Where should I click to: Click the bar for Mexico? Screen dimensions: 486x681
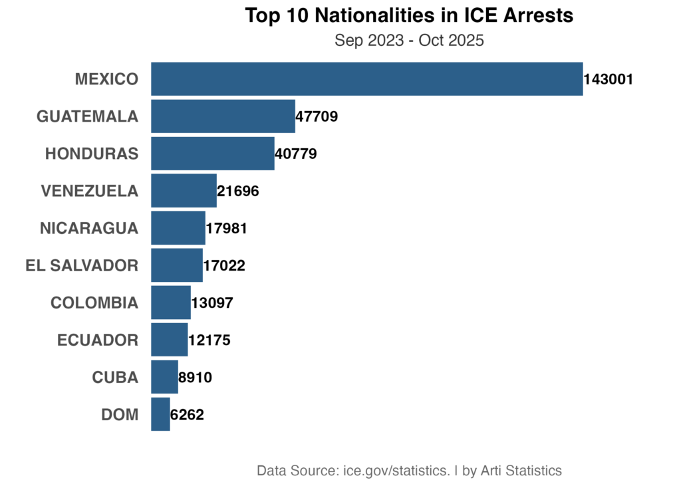point(366,79)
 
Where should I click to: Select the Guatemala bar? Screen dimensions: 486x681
point(223,116)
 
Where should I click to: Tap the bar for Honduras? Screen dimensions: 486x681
point(212,154)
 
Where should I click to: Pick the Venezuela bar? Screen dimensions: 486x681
point(184,191)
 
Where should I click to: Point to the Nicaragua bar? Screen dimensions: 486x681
point(178,228)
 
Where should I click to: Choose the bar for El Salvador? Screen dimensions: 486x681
point(177,265)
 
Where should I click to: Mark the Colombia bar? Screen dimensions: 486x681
point(171,303)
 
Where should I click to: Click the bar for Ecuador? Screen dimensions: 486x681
point(170,340)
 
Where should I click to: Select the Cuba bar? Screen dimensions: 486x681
point(164,377)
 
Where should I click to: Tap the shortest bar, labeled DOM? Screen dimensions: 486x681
point(160,414)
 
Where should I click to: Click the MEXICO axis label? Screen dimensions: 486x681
point(106,80)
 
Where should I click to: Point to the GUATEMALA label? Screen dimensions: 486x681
point(87,117)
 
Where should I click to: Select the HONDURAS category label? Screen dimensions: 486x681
point(92,154)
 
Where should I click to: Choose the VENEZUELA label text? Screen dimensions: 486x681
point(89,191)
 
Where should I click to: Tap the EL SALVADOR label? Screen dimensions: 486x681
point(82,266)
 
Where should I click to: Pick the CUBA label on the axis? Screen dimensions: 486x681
point(115,378)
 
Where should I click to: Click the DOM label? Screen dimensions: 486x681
point(120,415)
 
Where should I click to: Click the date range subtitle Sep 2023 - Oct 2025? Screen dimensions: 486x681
point(409,41)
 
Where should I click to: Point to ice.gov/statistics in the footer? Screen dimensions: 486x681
point(396,471)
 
